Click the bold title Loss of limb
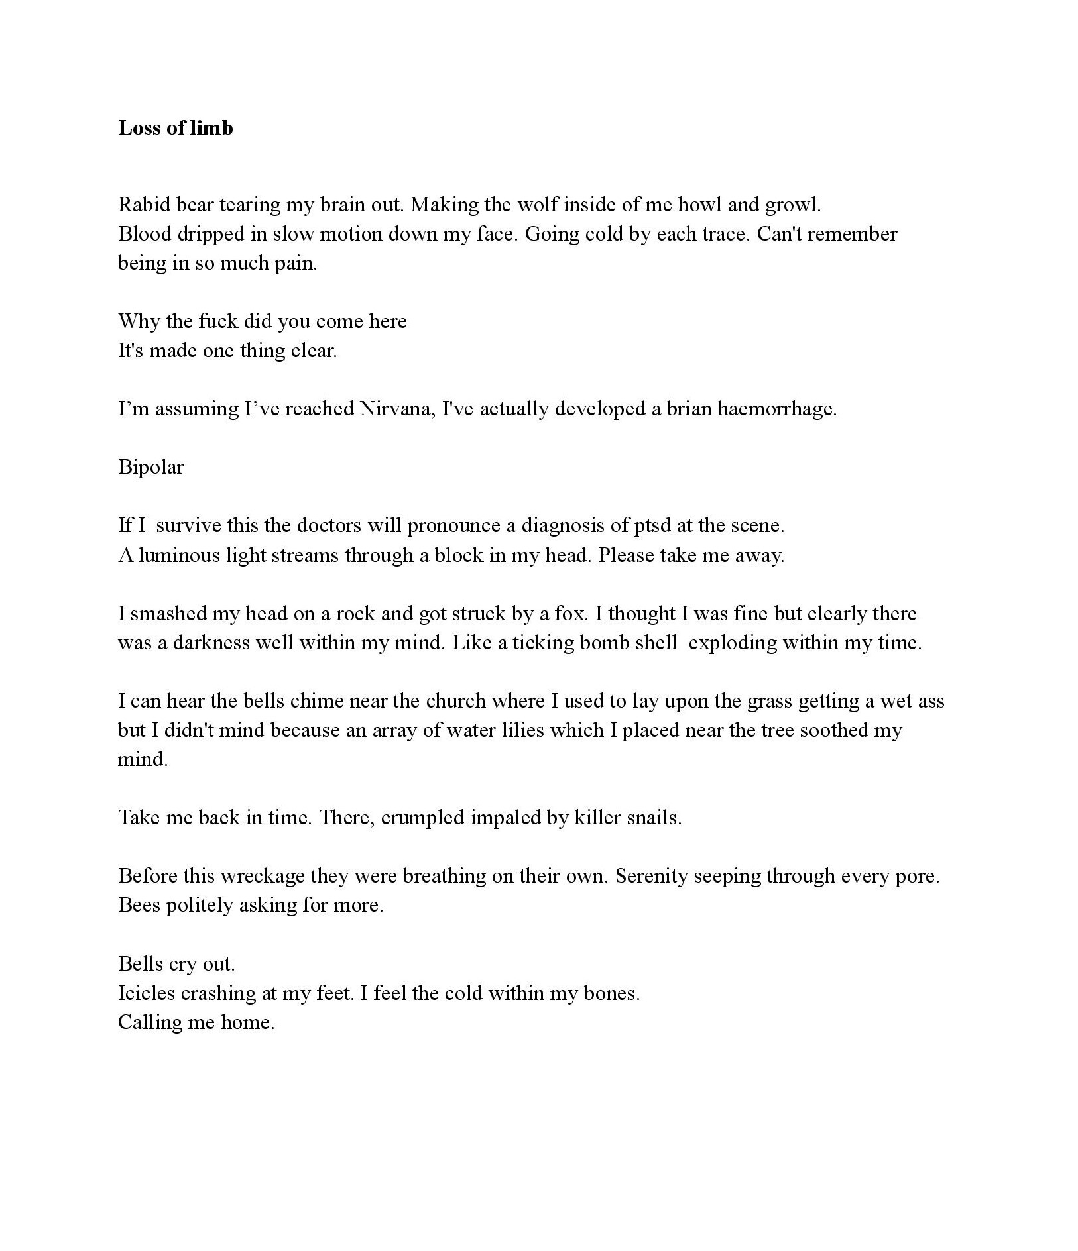tap(176, 127)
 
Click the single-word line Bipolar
tap(151, 467)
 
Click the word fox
tap(570, 614)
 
